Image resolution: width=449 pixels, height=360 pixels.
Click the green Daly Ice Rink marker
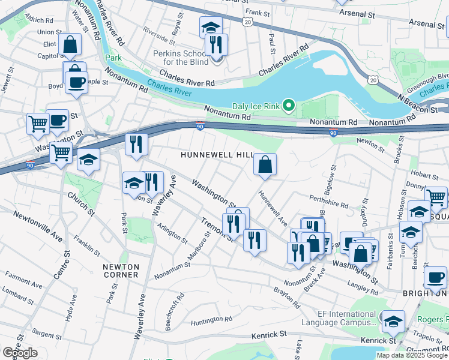coord(289,106)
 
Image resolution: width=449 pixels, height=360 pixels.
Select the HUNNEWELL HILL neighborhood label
coord(217,155)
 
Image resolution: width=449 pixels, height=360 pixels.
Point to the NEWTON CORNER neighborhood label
coord(121,271)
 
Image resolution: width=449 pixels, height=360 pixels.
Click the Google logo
coord(20,353)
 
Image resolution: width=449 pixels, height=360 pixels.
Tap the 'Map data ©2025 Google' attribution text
coord(411,355)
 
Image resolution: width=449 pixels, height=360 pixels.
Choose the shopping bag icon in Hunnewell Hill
coord(265,164)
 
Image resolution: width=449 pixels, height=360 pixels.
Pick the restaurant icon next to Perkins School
coord(216,44)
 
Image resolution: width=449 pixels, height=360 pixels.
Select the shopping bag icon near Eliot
coord(70,44)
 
